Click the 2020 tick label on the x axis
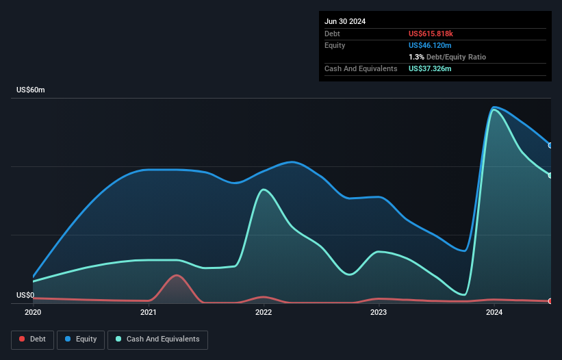pos(33,313)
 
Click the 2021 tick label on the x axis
pos(149,313)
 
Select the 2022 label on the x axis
pos(264,313)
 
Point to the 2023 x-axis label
pos(379,313)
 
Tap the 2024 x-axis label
pos(494,313)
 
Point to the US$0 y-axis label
pos(25,295)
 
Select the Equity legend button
pos(81,339)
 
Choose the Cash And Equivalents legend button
pos(157,339)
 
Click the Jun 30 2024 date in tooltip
pos(345,21)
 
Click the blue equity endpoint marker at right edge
pos(550,145)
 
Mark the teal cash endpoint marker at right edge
pos(550,175)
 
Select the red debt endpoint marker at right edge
pos(550,301)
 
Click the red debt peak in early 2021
pos(177,275)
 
